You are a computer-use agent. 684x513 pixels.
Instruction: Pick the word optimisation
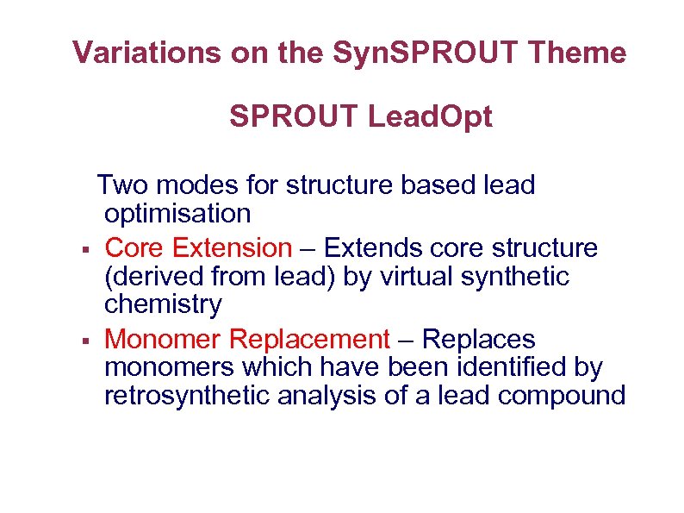click(x=177, y=213)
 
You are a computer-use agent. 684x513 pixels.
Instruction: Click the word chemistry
click(x=163, y=304)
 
